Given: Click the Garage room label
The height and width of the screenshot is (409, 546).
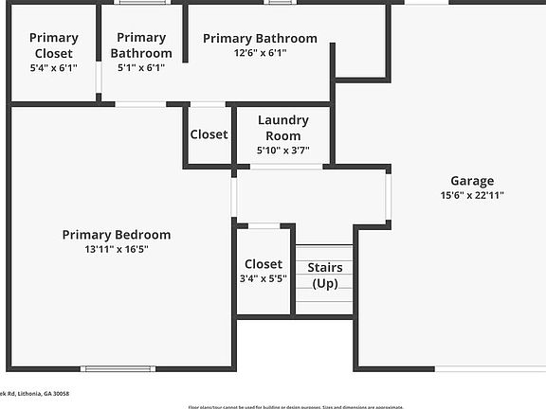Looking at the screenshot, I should coord(471,181).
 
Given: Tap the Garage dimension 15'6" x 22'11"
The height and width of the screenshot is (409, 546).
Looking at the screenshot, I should coord(471,195).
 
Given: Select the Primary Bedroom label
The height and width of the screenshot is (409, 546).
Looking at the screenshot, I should coord(117,235).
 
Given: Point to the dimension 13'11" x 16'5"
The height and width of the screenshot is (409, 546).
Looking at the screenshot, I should coord(117,249).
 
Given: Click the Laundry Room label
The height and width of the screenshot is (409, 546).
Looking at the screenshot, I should coord(282,128).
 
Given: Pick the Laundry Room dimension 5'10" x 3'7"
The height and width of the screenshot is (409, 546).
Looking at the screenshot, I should coord(282,150).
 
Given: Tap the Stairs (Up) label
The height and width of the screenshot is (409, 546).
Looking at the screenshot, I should coord(326,276).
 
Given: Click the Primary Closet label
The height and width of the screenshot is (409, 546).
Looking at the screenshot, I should coord(54,45).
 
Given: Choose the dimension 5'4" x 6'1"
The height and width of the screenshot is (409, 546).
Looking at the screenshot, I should coord(54,68).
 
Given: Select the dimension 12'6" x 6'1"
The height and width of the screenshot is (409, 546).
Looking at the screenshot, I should coord(260,53).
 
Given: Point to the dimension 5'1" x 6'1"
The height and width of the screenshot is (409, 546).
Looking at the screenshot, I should coord(141,68).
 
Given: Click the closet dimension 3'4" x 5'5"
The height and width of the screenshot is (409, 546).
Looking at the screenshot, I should coord(263,279).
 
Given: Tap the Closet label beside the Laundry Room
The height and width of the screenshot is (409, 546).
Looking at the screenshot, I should coord(209,134).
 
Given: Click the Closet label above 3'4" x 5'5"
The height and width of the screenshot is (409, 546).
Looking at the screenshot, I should coord(263,264).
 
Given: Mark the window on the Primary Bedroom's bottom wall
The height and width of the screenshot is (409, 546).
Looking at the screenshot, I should coord(118,368).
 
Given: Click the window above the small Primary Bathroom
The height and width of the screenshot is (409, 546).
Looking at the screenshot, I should coord(142,3).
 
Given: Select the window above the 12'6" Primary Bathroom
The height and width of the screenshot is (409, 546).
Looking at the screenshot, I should coord(279,3).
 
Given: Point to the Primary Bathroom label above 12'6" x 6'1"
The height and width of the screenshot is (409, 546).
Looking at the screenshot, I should coord(260,39).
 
